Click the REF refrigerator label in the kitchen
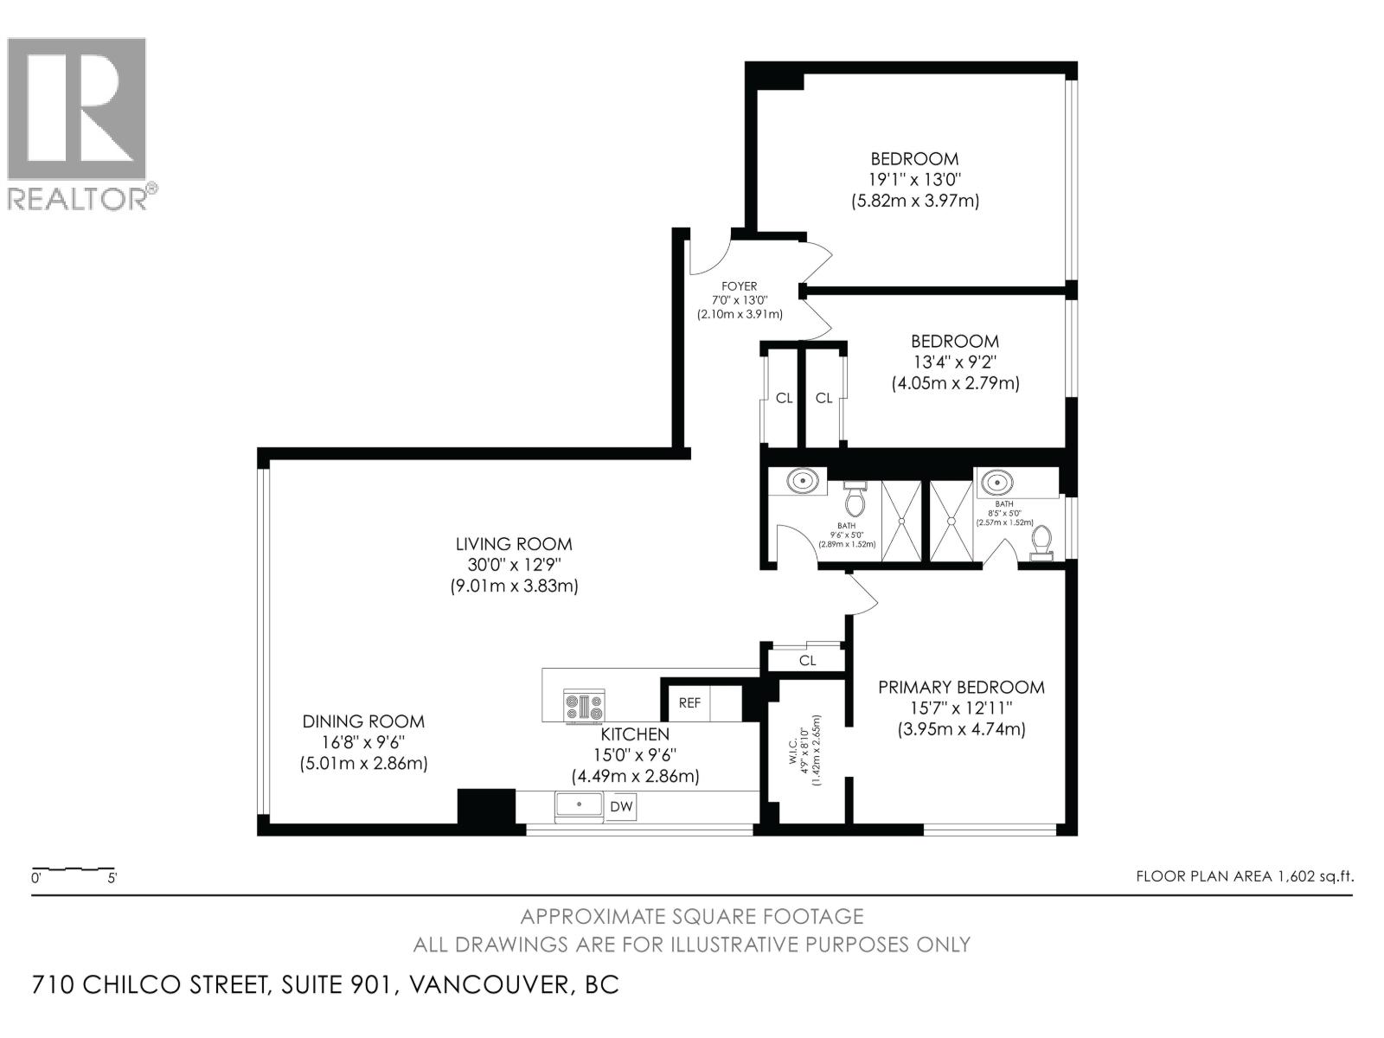click(689, 702)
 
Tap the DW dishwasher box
click(621, 807)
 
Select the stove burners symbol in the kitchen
click(585, 707)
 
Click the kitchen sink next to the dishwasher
click(579, 805)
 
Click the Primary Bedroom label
click(961, 688)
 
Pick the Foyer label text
click(739, 286)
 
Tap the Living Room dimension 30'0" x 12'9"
click(514, 565)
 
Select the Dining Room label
click(363, 721)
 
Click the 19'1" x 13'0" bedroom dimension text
click(915, 180)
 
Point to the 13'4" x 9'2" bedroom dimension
click(955, 362)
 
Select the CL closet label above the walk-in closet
click(807, 661)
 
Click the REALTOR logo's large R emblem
click(76, 109)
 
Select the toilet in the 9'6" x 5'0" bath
click(855, 501)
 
